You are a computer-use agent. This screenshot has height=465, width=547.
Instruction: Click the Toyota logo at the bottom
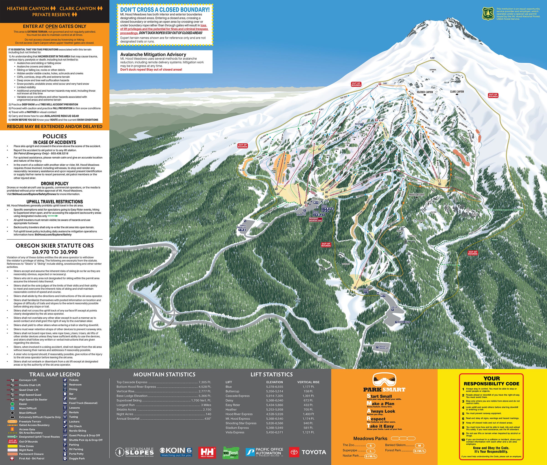(x=307, y=452)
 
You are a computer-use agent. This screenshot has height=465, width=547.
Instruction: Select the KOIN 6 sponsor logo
(x=176, y=452)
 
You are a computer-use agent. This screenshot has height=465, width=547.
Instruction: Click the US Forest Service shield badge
(x=488, y=13)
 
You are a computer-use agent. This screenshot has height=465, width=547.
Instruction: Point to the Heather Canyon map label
(x=425, y=92)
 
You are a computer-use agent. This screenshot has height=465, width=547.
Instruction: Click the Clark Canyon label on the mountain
(x=457, y=92)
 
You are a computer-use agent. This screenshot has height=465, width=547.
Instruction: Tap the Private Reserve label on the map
(x=416, y=194)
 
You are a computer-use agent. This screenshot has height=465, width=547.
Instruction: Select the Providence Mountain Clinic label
(x=315, y=219)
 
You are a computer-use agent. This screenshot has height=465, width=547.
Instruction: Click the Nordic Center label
(x=404, y=322)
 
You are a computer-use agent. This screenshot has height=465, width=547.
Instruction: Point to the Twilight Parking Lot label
(x=384, y=347)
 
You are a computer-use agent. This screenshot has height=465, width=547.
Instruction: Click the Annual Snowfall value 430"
(x=208, y=418)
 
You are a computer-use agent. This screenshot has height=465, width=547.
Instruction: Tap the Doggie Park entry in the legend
(x=77, y=458)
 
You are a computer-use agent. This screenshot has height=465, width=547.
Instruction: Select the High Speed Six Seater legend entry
(x=33, y=399)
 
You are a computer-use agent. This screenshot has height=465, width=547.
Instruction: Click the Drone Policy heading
(x=54, y=183)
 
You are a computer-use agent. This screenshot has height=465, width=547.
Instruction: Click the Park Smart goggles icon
(x=384, y=380)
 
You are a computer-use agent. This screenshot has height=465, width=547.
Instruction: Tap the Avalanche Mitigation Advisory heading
(x=153, y=54)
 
